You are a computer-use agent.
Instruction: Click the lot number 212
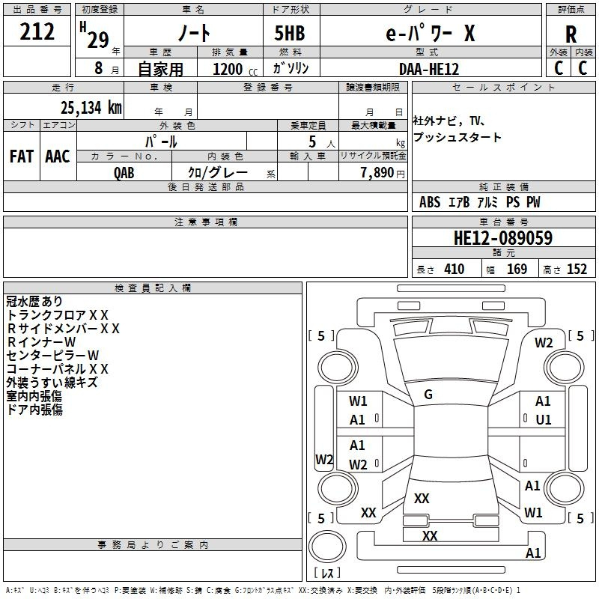click(x=37, y=31)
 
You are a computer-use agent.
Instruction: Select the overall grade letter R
click(x=571, y=34)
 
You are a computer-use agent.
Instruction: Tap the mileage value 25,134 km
click(x=91, y=108)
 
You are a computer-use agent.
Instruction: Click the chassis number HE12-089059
click(x=503, y=237)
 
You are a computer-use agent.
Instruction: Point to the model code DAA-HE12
click(x=428, y=69)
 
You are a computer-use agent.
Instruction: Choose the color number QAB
click(x=124, y=173)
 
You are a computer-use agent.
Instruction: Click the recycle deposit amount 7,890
click(x=377, y=172)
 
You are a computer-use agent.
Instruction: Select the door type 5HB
click(x=290, y=33)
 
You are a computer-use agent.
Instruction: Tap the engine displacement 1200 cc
click(x=235, y=69)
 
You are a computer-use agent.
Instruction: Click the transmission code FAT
click(x=22, y=156)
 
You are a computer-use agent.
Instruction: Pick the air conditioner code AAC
click(x=58, y=156)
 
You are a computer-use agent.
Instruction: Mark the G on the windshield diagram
click(x=428, y=394)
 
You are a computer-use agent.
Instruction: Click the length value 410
click(x=454, y=270)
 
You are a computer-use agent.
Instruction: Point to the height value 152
click(x=577, y=270)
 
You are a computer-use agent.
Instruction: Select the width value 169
click(x=517, y=270)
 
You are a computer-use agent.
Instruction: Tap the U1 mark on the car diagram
click(x=544, y=420)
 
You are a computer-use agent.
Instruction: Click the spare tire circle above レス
click(x=327, y=547)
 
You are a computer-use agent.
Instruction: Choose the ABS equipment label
click(x=430, y=202)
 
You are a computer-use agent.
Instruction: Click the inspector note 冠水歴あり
click(x=34, y=302)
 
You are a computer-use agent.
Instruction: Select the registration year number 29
click(x=98, y=40)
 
